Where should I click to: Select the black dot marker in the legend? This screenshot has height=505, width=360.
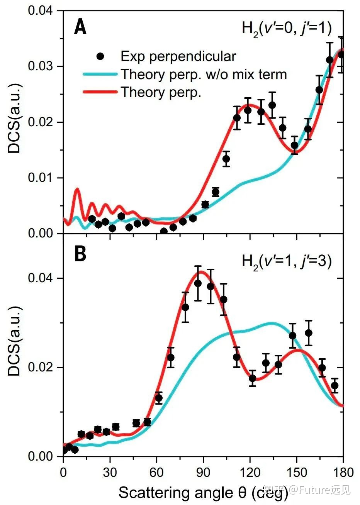point(100,56)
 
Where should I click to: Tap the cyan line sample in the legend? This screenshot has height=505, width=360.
point(100,74)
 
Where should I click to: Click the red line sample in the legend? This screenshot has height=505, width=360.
point(100,92)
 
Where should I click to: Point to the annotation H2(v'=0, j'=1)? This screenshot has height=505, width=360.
point(287,29)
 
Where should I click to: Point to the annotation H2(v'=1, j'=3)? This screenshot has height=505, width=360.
point(287,262)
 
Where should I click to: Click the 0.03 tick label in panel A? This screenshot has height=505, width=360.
point(39,66)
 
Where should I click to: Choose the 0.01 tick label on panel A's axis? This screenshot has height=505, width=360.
point(39,178)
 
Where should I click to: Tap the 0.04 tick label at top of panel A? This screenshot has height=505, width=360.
point(39,10)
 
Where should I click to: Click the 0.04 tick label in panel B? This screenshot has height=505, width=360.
point(39,278)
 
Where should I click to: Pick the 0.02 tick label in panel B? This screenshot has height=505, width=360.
point(39,367)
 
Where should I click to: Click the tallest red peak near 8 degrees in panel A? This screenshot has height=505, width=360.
point(77,189)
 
